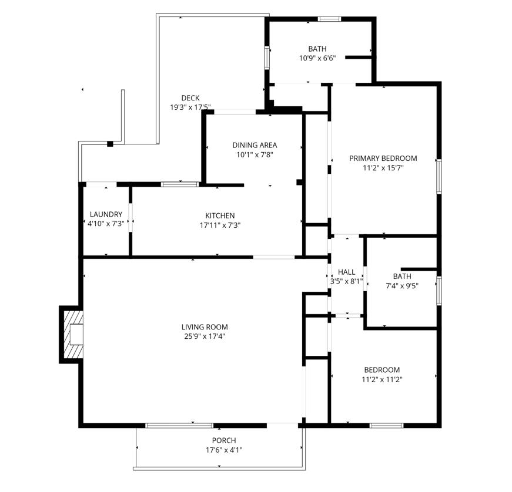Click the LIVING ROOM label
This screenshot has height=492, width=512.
[204, 327]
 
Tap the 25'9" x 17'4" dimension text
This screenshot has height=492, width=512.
[204, 336]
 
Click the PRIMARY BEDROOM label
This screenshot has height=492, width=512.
[383, 158]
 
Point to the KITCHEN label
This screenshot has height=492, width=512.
[220, 215]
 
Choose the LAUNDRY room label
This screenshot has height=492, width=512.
[106, 214]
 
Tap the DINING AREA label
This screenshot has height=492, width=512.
[254, 145]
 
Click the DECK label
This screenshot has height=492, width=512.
[190, 98]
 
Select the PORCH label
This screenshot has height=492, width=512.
[223, 440]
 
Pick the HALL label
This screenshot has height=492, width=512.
[347, 272]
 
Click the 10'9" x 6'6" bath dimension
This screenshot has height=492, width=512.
[317, 58]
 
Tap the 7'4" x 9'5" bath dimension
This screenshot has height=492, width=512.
[402, 286]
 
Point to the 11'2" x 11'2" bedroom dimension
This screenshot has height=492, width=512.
[382, 379]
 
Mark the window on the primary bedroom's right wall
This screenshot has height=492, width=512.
[439, 176]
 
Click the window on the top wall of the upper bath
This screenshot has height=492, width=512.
[329, 19]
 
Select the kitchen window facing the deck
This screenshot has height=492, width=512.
[180, 185]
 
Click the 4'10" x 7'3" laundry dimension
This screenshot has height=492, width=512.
[106, 224]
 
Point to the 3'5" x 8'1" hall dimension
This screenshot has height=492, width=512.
[346, 281]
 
